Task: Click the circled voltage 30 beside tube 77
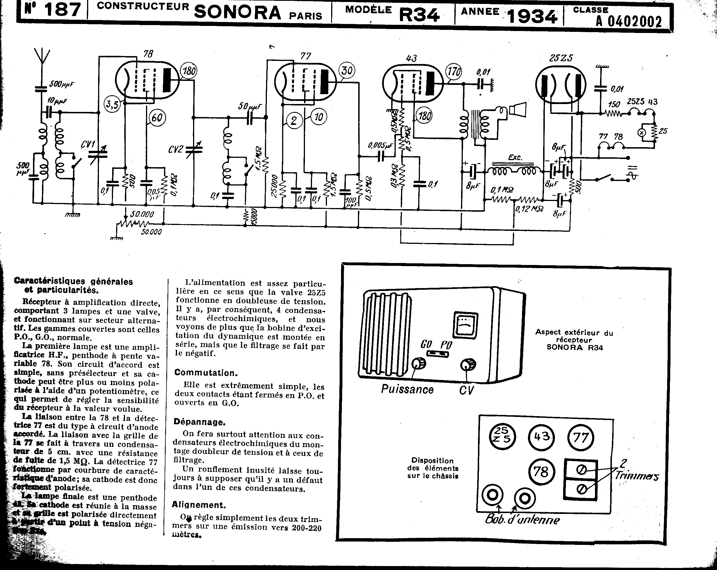point(347,70)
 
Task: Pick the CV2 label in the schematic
point(176,149)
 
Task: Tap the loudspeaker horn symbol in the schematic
point(518,109)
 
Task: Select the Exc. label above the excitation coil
point(515,157)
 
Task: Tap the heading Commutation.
point(206,372)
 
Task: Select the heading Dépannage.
point(200,422)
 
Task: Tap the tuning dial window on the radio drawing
point(466,324)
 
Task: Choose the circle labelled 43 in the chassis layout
point(541,437)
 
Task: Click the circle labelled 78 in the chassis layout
point(541,472)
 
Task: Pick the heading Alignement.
point(199,505)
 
